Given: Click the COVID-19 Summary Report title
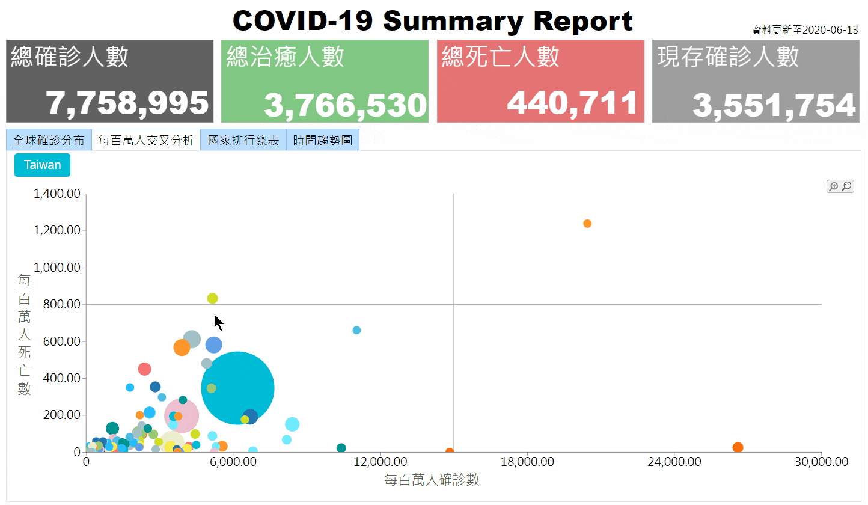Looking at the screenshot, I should coord(433,22).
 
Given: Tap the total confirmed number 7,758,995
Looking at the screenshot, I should coord(128,103).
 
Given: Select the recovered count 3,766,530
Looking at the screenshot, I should coord(345,105).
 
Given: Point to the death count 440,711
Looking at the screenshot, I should coord(572,103).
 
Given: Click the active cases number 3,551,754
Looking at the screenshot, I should coord(774,105).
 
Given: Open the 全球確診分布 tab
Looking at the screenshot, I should coord(49,140).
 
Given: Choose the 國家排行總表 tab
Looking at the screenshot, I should coord(243,140).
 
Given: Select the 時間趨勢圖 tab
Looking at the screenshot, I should coord(323,140).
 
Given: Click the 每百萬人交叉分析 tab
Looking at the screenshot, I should coord(146,140).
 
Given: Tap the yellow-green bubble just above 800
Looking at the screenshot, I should coord(212,298).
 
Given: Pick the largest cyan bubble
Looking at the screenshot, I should coord(238,388).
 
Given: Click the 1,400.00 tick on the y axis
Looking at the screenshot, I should coord(57,194).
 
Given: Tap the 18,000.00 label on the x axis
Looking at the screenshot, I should coord(527,462).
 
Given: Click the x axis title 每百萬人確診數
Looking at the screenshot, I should coord(432,480).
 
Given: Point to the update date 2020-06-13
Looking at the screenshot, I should coord(830,30).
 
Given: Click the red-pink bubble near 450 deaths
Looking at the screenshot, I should coord(144,369).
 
